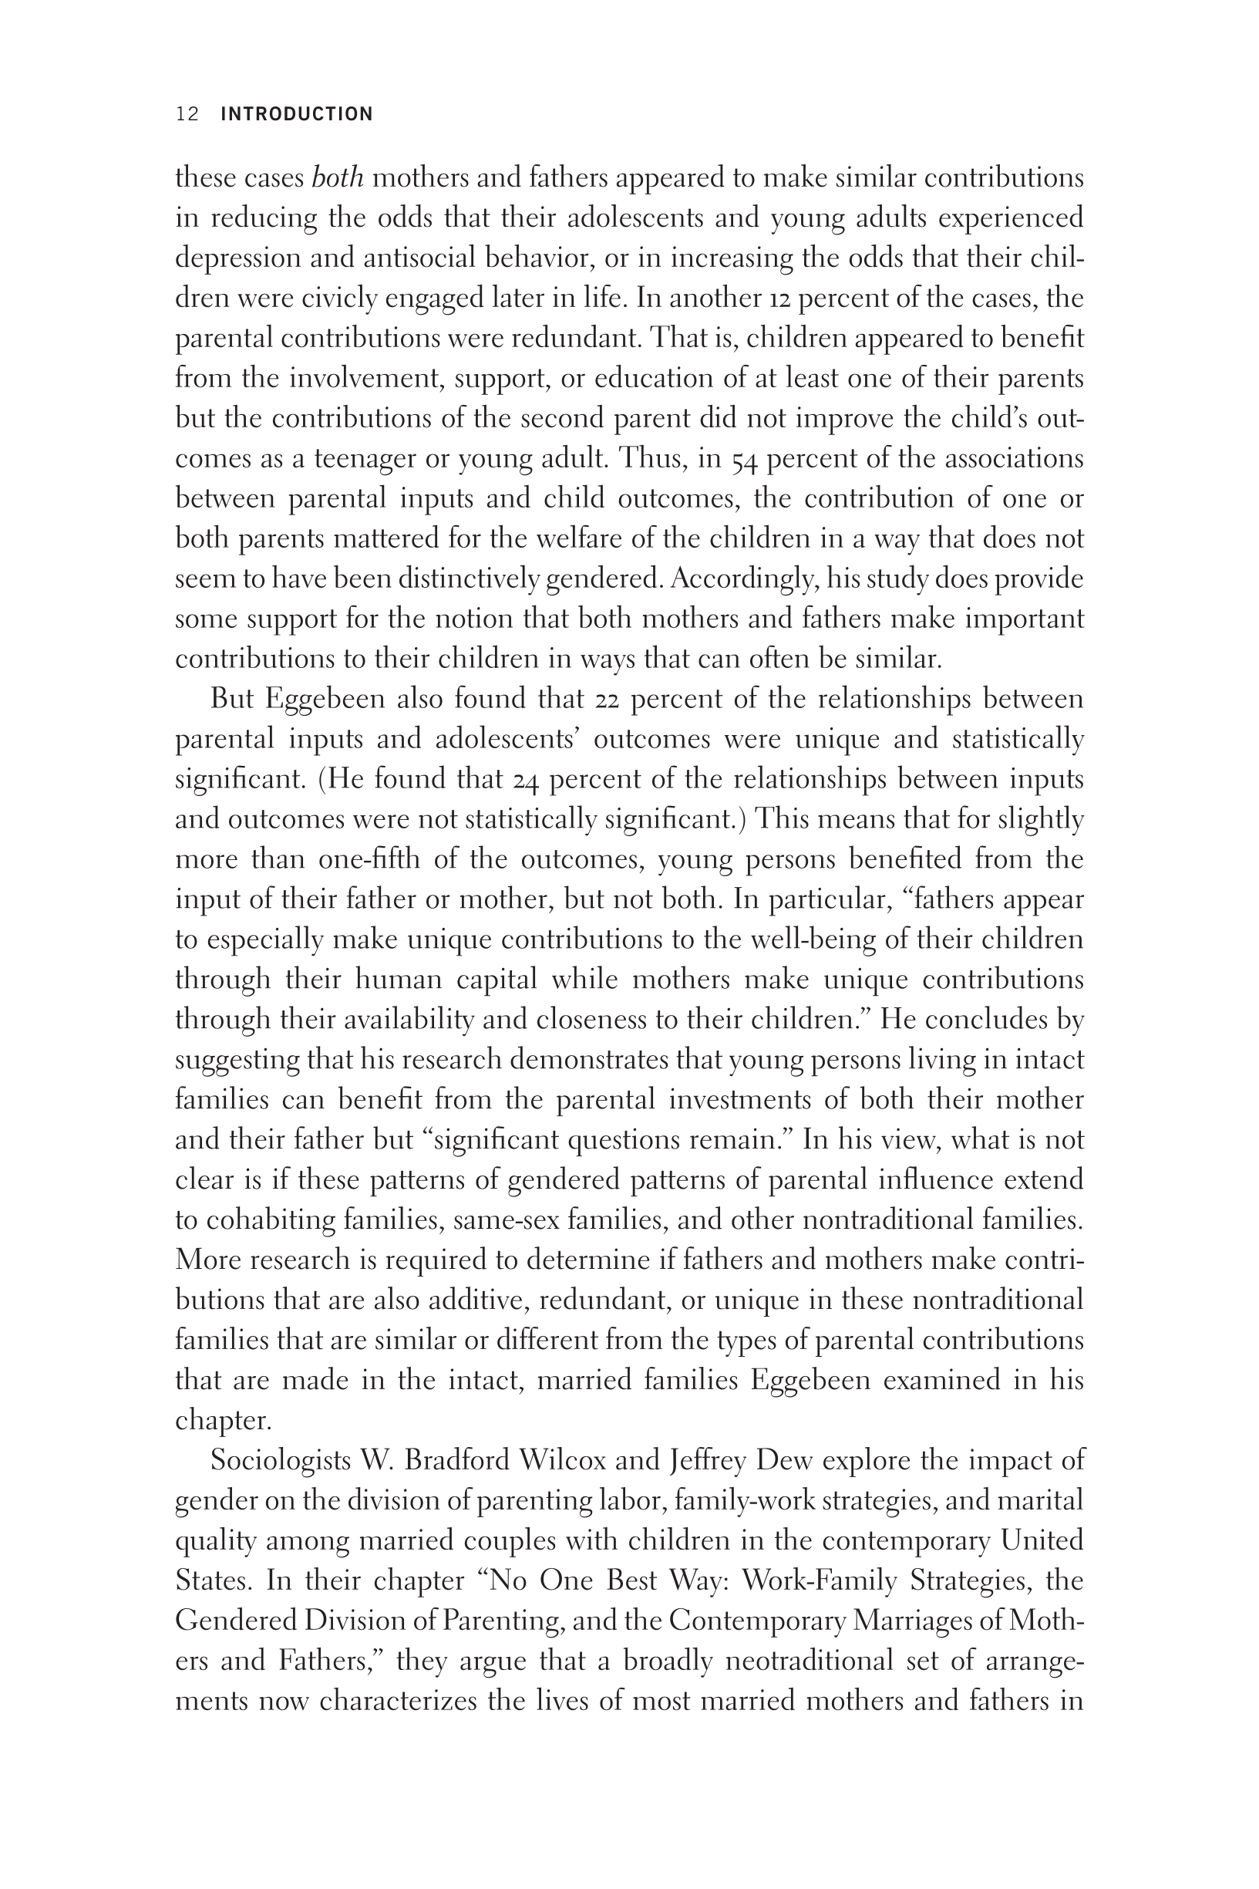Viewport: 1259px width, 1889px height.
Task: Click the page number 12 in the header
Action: click(x=187, y=114)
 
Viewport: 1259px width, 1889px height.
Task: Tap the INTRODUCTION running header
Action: click(x=296, y=114)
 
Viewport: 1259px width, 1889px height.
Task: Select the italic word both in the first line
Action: click(x=337, y=177)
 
